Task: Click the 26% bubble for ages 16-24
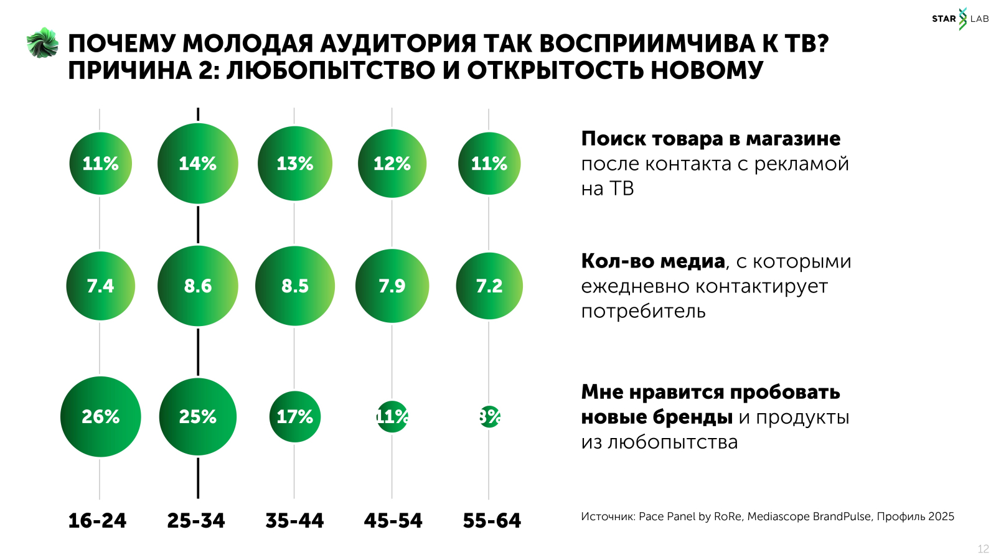[100, 416]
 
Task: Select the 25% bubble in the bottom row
[197, 416]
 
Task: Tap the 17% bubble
[294, 416]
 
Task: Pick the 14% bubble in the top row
[197, 163]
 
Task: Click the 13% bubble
[294, 163]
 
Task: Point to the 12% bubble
[392, 163]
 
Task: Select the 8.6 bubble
[197, 286]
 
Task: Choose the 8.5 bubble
[294, 286]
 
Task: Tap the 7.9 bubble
[392, 286]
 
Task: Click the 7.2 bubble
[489, 286]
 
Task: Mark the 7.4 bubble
[100, 286]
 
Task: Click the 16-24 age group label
[97, 520]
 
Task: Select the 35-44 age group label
[294, 520]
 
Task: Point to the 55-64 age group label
[492, 520]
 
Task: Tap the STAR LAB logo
[960, 19]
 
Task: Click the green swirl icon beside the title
[42, 43]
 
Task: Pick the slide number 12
[983, 549]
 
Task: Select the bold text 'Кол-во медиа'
[653, 261]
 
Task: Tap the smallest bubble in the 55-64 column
[489, 416]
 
